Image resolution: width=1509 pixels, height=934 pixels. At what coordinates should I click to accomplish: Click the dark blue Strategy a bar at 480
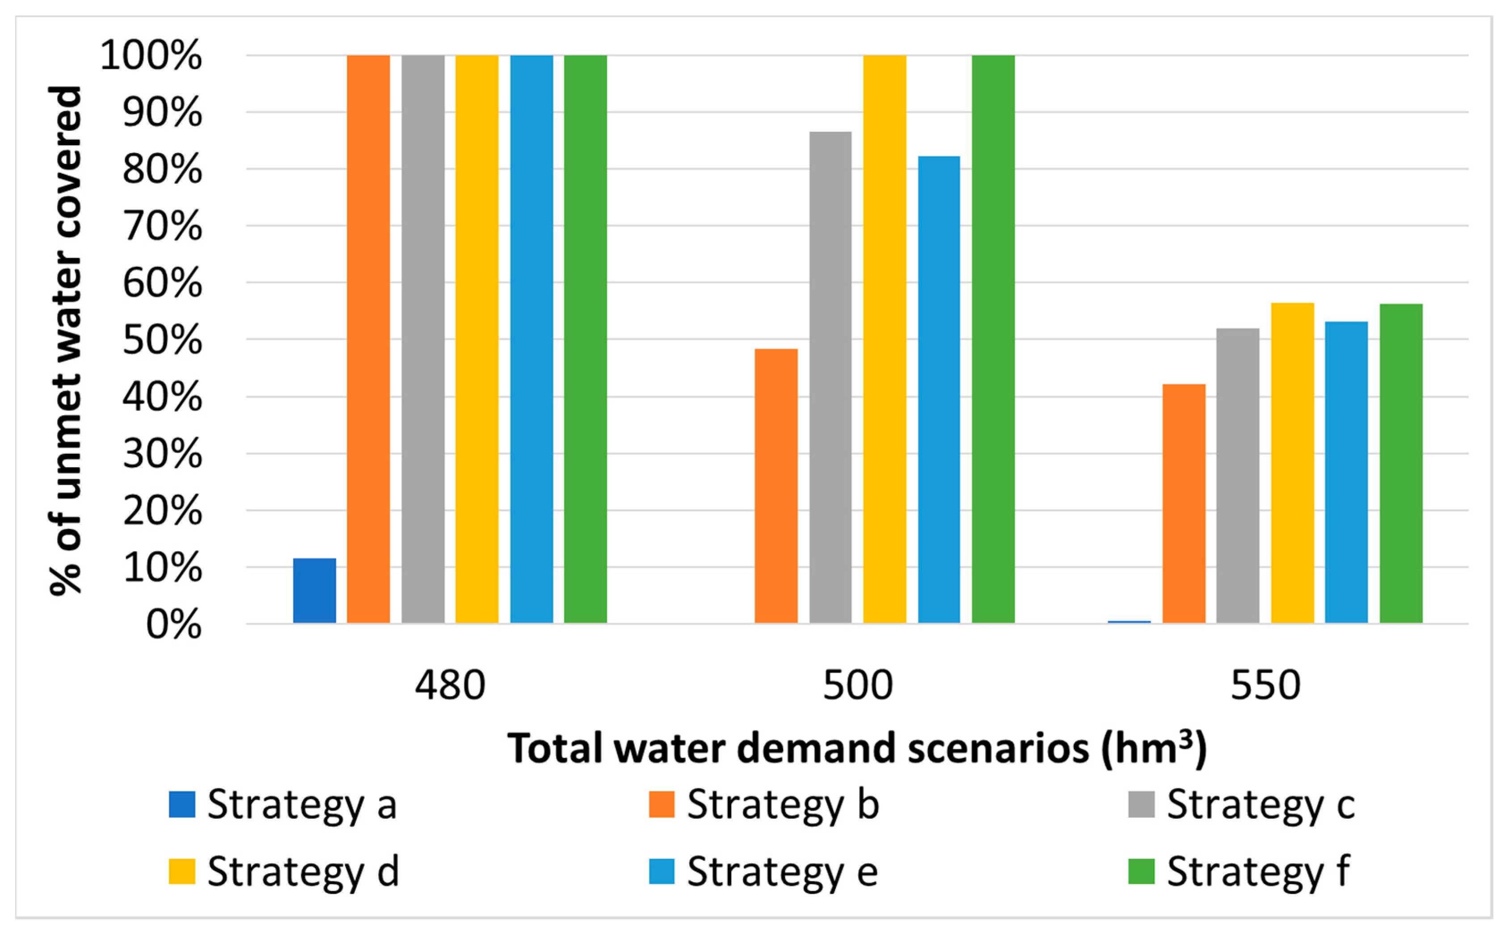[x=314, y=591]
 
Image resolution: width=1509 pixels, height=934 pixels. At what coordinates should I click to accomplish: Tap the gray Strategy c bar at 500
[x=830, y=377]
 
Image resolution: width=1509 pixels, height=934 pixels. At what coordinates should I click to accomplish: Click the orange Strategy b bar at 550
[x=1184, y=503]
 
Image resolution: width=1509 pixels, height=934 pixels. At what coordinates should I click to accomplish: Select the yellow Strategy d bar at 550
[x=1292, y=463]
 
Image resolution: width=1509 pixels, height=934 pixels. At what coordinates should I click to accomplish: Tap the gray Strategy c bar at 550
[x=1238, y=476]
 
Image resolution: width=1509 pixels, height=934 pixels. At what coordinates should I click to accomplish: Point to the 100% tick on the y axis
[x=151, y=55]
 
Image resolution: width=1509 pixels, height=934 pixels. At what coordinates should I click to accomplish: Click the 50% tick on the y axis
[x=162, y=340]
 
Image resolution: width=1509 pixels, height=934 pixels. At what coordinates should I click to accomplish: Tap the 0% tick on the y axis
[x=173, y=625]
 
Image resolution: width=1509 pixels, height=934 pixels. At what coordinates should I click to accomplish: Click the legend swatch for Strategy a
[x=182, y=804]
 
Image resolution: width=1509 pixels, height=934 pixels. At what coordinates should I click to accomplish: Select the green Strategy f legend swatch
[x=1141, y=871]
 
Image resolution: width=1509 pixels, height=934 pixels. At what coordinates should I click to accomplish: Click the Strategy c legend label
[x=1260, y=804]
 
